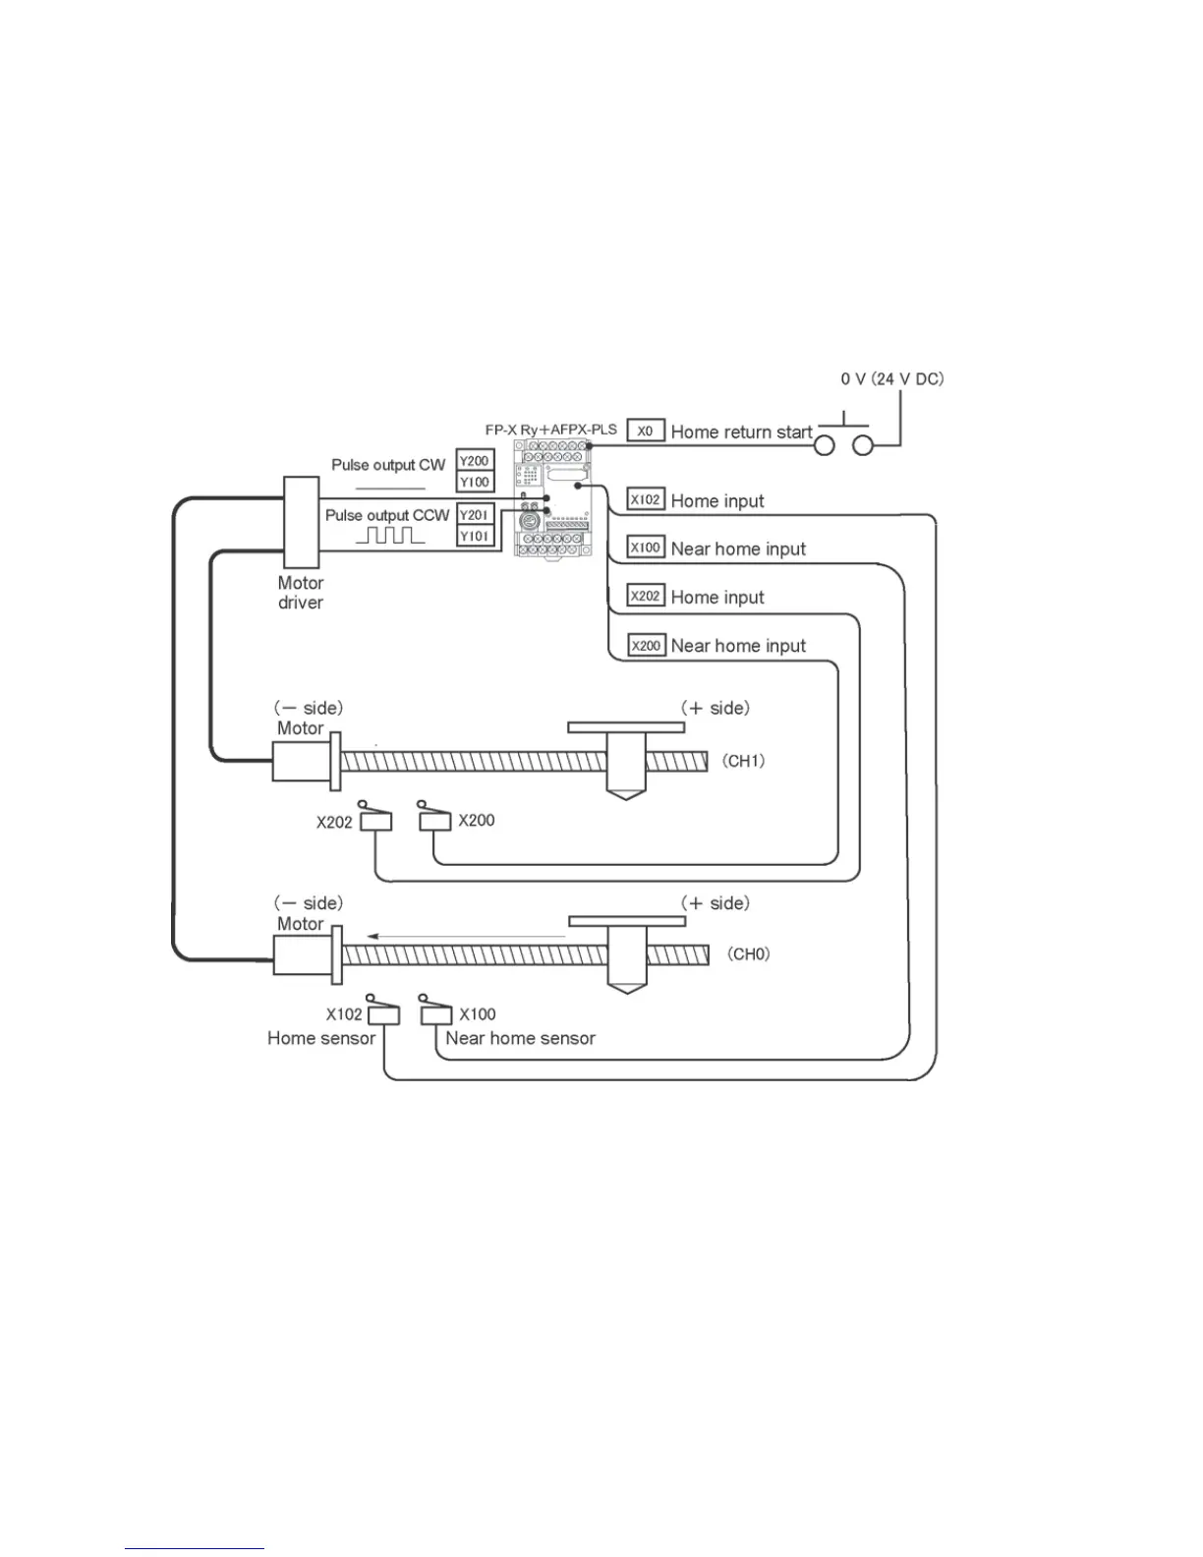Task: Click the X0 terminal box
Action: pos(646,431)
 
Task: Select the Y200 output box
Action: pos(475,461)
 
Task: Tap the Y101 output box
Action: pos(475,536)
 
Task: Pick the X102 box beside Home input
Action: pos(646,499)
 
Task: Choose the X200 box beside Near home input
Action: pos(646,646)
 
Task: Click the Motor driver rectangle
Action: pos(301,521)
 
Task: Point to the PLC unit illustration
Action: pos(552,498)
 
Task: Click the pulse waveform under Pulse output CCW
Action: pos(390,536)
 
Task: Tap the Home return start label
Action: pos(741,432)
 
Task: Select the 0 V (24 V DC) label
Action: pos(891,379)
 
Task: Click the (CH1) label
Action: pos(743,761)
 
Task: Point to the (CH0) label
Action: pos(748,954)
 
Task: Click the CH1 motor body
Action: pos(301,761)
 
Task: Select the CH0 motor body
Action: pos(301,954)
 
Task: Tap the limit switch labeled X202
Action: pos(375,820)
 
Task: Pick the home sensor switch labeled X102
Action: pos(383,1013)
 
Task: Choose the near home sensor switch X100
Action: pos(435,1012)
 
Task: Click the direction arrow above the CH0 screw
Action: pos(466,937)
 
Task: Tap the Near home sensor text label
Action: pos(520,1038)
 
